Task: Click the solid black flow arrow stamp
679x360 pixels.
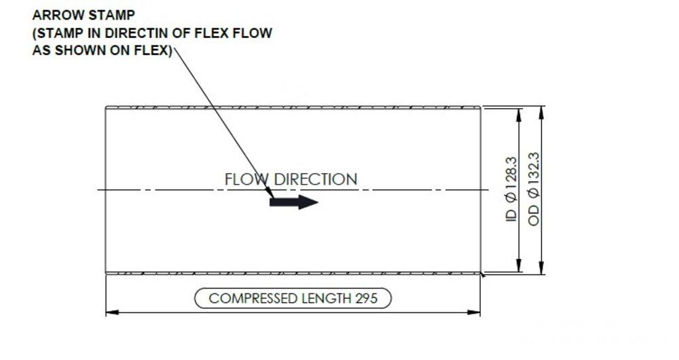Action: pyautogui.click(x=293, y=202)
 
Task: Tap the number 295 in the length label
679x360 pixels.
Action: pyautogui.click(x=367, y=298)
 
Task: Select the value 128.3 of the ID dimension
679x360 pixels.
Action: pyautogui.click(x=511, y=173)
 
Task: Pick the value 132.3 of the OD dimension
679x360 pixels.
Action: pyautogui.click(x=534, y=169)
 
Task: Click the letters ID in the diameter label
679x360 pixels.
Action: pyautogui.click(x=511, y=216)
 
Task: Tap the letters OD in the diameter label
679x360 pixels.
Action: pyautogui.click(x=534, y=215)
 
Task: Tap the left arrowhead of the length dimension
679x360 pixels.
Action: pyautogui.click(x=113, y=312)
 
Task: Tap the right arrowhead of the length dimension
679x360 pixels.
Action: pyautogui.click(x=474, y=312)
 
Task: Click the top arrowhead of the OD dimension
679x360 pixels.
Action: pyautogui.click(x=541, y=113)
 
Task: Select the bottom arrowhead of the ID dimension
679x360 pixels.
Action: pyautogui.click(x=519, y=266)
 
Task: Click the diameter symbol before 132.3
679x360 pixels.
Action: pyautogui.click(x=534, y=193)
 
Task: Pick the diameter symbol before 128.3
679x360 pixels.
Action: pyautogui.click(x=511, y=198)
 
